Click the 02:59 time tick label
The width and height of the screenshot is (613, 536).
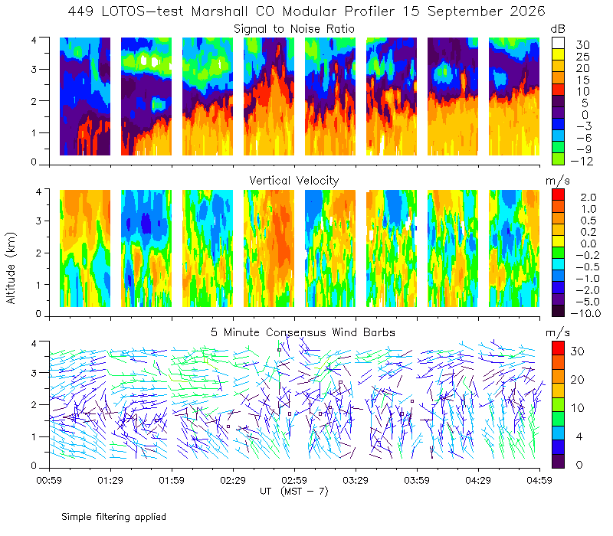click(x=294, y=480)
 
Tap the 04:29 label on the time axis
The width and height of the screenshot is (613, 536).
click(x=478, y=480)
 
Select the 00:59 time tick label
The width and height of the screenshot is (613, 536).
click(x=49, y=480)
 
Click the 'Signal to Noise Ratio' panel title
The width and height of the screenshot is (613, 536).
click(x=294, y=29)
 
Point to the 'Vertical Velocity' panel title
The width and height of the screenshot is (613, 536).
click(x=294, y=181)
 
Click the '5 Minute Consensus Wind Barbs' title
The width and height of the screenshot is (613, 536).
click(x=303, y=332)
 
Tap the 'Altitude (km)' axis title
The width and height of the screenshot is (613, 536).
click(x=11, y=268)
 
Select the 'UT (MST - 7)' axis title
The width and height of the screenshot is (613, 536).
click(x=294, y=491)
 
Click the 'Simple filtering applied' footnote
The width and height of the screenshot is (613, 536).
click(x=113, y=517)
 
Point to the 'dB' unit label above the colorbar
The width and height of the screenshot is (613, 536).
click(x=558, y=29)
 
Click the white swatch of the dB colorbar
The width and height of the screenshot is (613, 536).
click(x=558, y=43)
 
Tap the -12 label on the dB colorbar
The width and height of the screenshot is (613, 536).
click(x=582, y=161)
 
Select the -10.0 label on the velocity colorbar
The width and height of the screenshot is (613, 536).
click(x=585, y=313)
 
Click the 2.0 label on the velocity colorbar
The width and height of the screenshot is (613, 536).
click(x=588, y=198)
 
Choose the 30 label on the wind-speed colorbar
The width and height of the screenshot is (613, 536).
click(x=578, y=351)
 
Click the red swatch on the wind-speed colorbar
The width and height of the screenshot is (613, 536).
click(x=558, y=348)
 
